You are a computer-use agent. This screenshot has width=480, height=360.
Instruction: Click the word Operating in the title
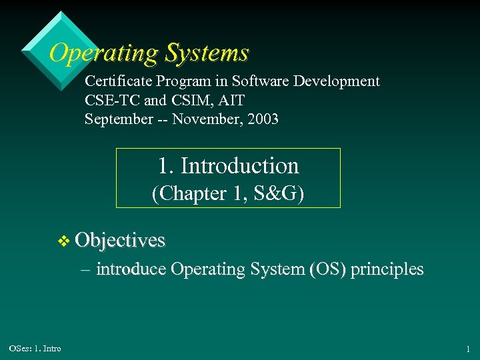tap(103, 52)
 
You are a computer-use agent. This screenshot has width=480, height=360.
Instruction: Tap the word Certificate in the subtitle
tap(118, 81)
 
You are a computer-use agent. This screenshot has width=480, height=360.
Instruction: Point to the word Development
tap(341, 81)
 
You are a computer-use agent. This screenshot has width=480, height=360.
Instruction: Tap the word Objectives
tap(120, 240)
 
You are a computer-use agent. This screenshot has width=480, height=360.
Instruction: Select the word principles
tap(387, 269)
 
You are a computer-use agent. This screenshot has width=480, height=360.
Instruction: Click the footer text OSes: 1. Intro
tap(35, 349)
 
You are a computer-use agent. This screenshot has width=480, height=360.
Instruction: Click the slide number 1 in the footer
tap(467, 349)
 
